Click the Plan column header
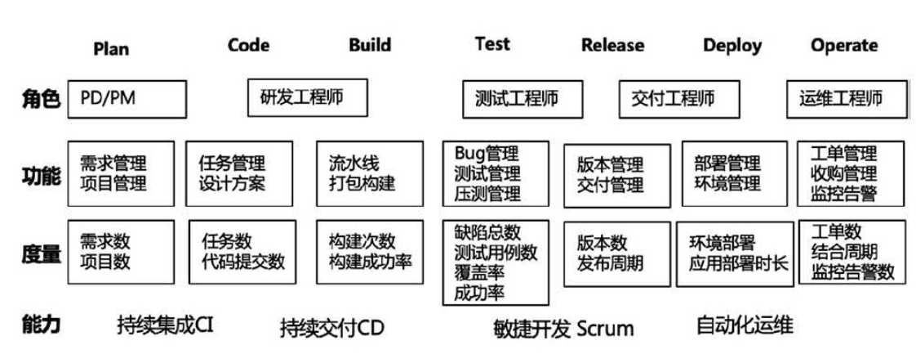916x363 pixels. [111, 48]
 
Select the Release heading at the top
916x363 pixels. [612, 46]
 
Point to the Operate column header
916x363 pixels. [844, 46]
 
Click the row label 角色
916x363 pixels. [41, 100]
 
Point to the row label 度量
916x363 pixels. [41, 254]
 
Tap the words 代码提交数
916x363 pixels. [243, 262]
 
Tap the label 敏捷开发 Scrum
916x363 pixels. [563, 329]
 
